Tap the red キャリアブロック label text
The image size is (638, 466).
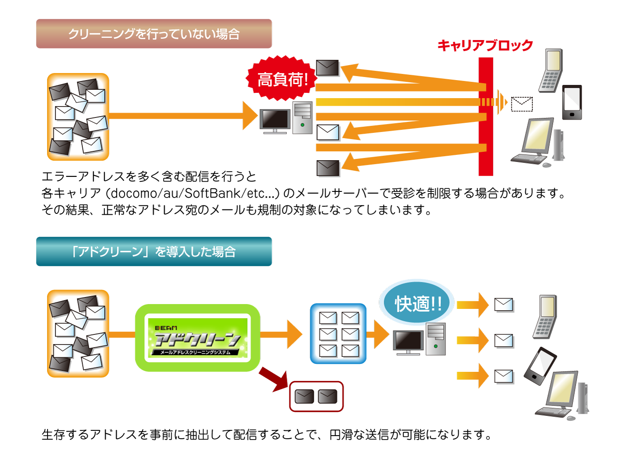[x=485, y=45]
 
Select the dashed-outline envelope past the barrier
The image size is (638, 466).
[x=522, y=104]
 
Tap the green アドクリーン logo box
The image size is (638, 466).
[x=198, y=338]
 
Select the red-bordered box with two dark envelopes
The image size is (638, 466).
[x=316, y=396]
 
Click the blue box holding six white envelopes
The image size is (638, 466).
[x=338, y=334]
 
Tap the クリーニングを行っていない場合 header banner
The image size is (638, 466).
[x=154, y=34]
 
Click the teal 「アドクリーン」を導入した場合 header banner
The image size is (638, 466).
[x=154, y=252]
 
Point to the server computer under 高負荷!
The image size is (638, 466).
[x=286, y=118]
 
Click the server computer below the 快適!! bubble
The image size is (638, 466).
[x=419, y=340]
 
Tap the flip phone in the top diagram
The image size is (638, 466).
[x=551, y=70]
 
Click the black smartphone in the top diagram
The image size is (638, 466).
[x=572, y=102]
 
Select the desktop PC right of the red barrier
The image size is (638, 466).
[x=539, y=143]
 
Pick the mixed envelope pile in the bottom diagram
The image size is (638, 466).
[x=78, y=333]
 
